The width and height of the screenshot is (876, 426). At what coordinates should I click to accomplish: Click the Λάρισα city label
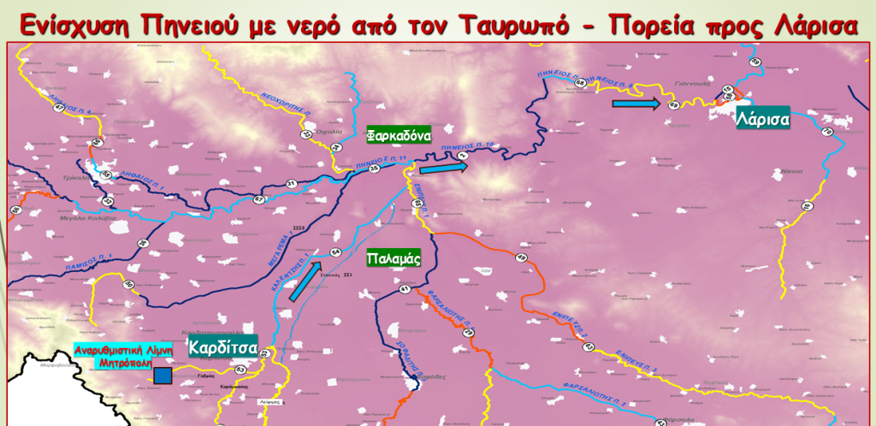point(761,120)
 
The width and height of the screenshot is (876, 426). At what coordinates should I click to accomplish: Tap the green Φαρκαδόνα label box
point(398,135)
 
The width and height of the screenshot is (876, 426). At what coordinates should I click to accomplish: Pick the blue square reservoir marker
point(163,375)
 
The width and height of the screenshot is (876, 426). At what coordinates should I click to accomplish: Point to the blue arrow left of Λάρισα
point(636,104)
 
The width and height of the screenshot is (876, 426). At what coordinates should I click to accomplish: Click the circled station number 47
point(108,201)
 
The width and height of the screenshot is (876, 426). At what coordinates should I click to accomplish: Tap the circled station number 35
point(374,169)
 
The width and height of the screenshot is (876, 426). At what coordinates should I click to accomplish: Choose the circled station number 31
point(291,184)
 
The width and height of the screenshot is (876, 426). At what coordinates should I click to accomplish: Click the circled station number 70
point(826,132)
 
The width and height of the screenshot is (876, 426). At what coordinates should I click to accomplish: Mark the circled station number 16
point(806,206)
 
